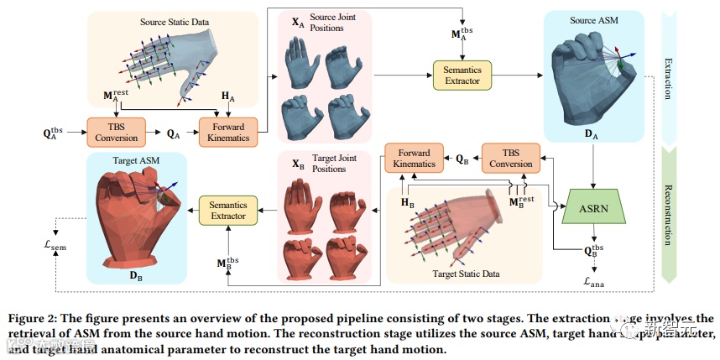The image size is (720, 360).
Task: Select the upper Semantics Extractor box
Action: [462, 76]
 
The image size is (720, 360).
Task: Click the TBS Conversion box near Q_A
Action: [116, 131]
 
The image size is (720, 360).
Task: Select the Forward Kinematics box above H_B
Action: [414, 158]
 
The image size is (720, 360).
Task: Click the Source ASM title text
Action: [596, 20]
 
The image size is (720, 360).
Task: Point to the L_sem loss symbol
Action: [60, 246]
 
